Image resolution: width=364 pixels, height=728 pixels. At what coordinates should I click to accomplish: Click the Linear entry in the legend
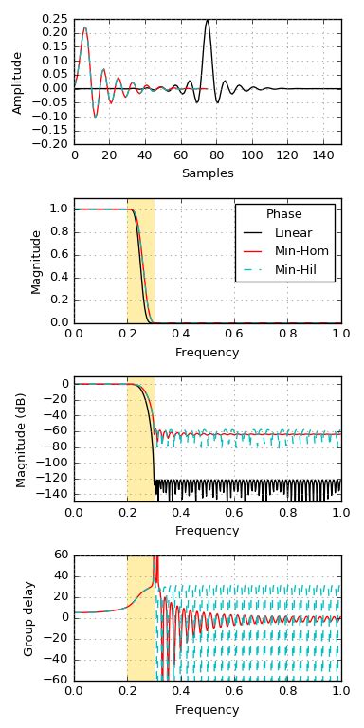(x=293, y=232)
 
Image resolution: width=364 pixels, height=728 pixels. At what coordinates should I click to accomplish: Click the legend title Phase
(x=284, y=213)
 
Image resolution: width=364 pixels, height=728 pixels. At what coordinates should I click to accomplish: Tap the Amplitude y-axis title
(x=17, y=82)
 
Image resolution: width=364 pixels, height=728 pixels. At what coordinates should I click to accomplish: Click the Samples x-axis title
(x=208, y=173)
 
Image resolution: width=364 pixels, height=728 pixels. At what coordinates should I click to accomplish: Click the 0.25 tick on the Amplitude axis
(x=56, y=19)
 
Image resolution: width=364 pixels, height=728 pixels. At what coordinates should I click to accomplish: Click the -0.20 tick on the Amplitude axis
(x=54, y=144)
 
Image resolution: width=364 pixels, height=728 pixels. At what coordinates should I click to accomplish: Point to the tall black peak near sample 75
(x=208, y=21)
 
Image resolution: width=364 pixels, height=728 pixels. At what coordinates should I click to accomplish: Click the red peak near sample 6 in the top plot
(x=84, y=27)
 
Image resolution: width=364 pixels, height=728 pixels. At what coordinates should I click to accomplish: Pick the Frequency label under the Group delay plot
(x=208, y=709)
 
